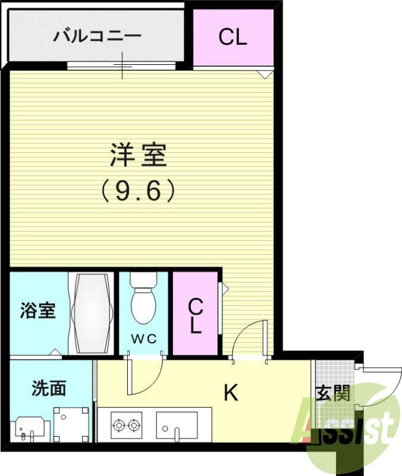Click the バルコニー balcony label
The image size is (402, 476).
[x=98, y=36]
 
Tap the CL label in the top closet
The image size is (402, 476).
[x=233, y=37]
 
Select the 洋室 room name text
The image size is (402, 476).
[x=139, y=156]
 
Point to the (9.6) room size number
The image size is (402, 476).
[x=139, y=190]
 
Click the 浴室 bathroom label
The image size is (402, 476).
[x=37, y=311]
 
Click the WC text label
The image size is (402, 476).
[x=143, y=339]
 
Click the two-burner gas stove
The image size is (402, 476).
[x=125, y=425]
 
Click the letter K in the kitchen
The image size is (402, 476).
[x=231, y=392]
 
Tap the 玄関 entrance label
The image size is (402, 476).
[x=333, y=393]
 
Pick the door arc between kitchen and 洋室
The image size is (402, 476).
[x=248, y=339]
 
